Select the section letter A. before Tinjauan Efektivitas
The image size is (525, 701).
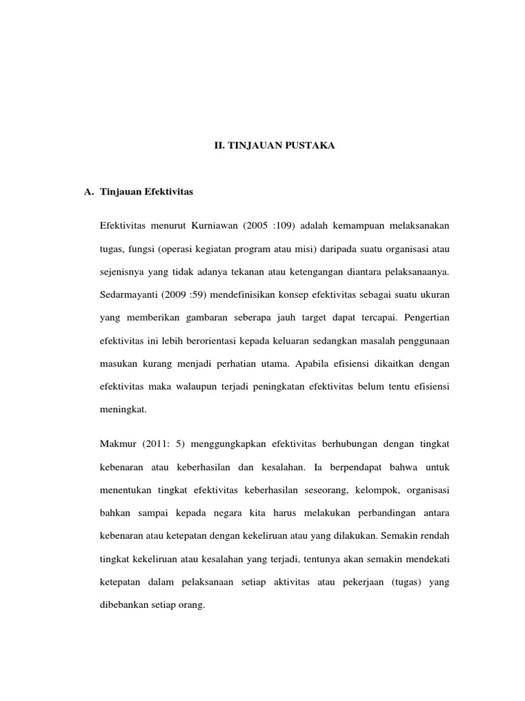pyautogui.click(x=89, y=192)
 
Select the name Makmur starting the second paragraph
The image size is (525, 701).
pyautogui.click(x=118, y=444)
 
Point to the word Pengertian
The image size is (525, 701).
pyautogui.click(x=425, y=318)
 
